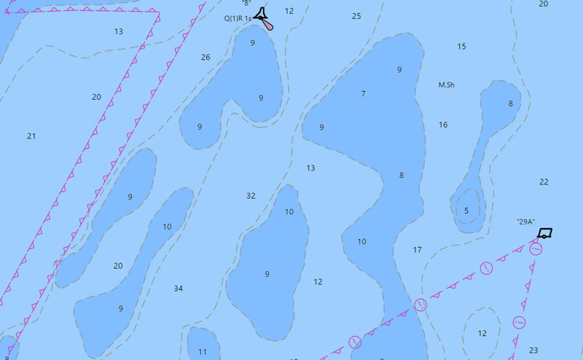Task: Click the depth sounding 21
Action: coord(31,136)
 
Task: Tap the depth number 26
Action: coord(206,58)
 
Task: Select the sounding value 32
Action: coord(251,196)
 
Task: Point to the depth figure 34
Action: coord(179,289)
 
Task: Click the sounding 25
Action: coord(356,16)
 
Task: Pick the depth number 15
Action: coord(461,47)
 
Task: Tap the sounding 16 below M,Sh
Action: coord(443,125)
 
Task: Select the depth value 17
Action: coord(418,250)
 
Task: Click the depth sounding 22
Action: coord(544,182)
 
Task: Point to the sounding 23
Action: coord(533,351)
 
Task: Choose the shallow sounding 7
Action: coord(363,94)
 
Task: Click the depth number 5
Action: coord(466,211)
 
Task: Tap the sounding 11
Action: coord(203,352)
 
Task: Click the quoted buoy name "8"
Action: coord(246,4)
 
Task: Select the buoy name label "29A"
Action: coord(525,222)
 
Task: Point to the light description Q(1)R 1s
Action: coord(238,18)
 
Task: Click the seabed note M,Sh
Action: coord(447,85)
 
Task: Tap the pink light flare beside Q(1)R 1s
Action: coord(270,25)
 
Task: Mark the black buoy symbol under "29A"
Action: coord(544,234)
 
